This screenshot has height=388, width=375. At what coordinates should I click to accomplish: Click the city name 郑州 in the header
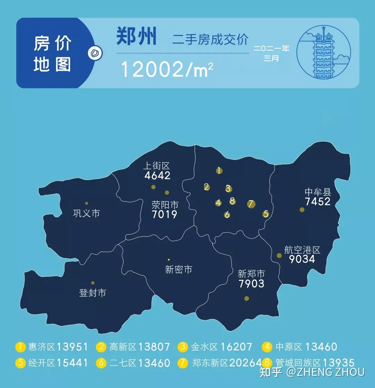point(136,36)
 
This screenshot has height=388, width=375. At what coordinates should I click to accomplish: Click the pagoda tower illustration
point(324,53)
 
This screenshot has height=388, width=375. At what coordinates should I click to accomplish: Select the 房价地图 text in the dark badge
point(52,54)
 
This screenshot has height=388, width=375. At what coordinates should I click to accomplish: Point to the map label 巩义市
point(86,213)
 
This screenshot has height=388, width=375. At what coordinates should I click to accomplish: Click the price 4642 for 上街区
point(157,175)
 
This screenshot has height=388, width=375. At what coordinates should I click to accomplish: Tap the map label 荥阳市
point(165,205)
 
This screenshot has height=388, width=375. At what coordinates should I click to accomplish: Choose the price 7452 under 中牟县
point(318,201)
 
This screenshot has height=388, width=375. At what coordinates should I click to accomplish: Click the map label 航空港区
point(302,250)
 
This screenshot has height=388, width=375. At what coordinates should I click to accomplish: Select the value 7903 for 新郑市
point(251,284)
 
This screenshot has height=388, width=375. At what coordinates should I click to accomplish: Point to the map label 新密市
point(178,269)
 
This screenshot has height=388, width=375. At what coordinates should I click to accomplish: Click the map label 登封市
point(93,293)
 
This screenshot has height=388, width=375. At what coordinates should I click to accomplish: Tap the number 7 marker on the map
point(251,204)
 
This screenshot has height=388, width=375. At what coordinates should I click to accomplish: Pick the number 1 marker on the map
point(219,170)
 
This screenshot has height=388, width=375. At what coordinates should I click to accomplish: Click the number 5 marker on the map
point(266,214)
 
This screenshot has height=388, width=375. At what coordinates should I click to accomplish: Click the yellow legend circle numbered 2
point(101,347)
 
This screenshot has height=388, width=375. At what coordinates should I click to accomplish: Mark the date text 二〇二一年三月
point(271,53)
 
